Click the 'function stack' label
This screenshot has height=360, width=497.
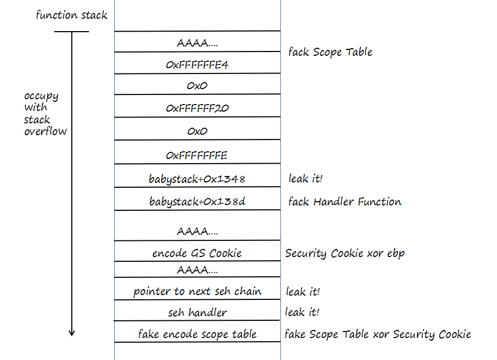point(71,15)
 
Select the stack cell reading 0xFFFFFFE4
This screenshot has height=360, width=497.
point(197,64)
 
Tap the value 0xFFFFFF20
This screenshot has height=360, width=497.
point(197,108)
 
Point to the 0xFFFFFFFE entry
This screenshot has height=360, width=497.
point(197,156)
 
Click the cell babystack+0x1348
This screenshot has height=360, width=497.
point(197,179)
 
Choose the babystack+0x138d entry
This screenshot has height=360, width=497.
point(197,202)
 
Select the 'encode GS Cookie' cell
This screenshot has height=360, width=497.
point(197,253)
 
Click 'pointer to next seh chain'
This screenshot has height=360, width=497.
point(197,291)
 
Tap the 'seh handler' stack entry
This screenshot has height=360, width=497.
point(197,312)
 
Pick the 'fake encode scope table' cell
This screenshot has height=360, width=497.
point(197,334)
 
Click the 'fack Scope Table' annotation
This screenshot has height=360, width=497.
point(330,52)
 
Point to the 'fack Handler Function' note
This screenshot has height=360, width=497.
point(344,202)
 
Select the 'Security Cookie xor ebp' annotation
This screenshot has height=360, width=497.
point(345,253)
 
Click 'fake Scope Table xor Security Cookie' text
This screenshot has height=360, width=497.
point(377,334)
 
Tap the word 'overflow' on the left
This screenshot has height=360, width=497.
point(46,131)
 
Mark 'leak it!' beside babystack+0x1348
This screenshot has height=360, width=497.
point(306,179)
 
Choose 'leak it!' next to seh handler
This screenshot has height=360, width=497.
point(302,312)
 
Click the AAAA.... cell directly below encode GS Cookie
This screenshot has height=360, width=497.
point(197,270)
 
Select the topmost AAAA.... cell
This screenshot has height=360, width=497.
point(197,43)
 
